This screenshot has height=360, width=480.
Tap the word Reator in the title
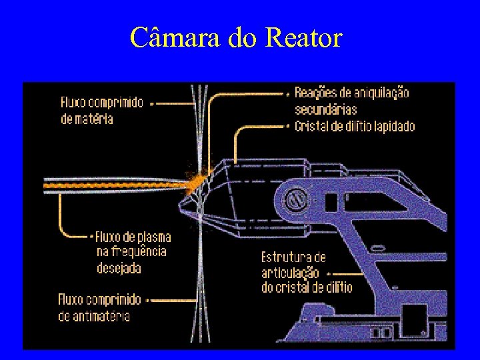[x=303, y=38]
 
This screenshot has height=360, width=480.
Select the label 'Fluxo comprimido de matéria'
[x=101, y=111]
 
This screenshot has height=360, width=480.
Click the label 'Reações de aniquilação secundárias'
[x=351, y=101]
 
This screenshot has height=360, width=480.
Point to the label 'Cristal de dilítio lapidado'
[x=355, y=126]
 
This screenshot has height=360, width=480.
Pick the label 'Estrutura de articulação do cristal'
[x=307, y=272]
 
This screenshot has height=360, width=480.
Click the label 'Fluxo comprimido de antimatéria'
[x=100, y=307]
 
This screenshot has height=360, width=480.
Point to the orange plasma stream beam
[x=113, y=184]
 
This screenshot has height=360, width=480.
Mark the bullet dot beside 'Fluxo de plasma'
[x=91, y=237]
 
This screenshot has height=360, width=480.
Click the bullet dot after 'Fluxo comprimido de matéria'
[x=152, y=103]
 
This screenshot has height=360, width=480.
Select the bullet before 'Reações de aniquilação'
[x=289, y=93]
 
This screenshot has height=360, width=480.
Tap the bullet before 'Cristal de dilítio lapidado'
[x=289, y=126]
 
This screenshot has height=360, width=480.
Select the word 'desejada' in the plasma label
[x=119, y=267]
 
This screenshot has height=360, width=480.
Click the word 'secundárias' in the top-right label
[x=325, y=109]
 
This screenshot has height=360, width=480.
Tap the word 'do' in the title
[x=241, y=38]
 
